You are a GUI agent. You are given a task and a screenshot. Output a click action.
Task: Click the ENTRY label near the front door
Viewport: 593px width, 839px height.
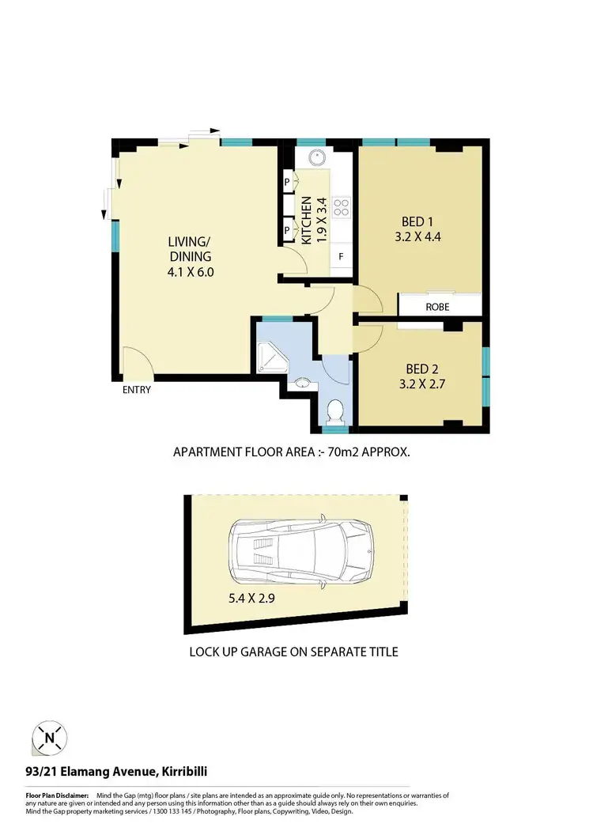pos(137,390)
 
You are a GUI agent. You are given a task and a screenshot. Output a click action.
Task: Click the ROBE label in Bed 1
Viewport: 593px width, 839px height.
pos(438,306)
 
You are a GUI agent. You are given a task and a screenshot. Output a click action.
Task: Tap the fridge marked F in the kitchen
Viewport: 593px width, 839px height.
pos(341,256)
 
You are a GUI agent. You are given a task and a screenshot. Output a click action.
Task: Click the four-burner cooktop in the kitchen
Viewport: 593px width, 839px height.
pos(342,207)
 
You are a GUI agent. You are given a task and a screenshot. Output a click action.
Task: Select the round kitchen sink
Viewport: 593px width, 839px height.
pos(316,157)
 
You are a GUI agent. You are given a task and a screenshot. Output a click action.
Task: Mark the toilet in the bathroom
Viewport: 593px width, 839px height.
pos(335,411)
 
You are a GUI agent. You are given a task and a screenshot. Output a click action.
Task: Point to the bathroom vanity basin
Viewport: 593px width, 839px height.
pos(300,384)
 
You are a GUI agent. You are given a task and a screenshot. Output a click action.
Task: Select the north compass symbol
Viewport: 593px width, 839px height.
pos(50,739)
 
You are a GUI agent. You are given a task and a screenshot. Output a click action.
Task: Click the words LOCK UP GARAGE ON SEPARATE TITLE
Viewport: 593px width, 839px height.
pos(293,652)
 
